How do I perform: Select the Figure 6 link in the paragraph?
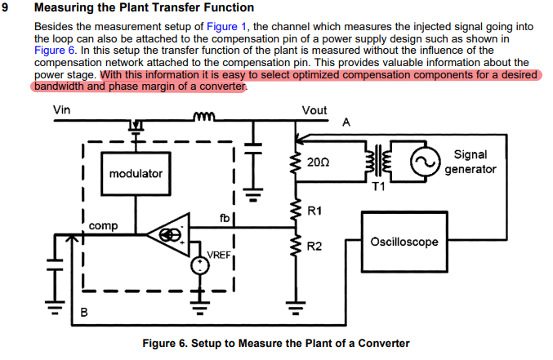pyautogui.click(x=54, y=50)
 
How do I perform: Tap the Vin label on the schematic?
pyautogui.click(x=61, y=110)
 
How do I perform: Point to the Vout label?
pyautogui.click(x=314, y=110)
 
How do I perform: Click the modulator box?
pyautogui.click(x=136, y=174)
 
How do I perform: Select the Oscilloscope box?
pyautogui.click(x=404, y=242)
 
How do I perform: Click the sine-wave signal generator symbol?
pyautogui.click(x=424, y=163)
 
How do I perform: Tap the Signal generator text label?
pyautogui.click(x=470, y=162)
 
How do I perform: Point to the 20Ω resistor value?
pyautogui.click(x=319, y=162)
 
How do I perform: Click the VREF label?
pyautogui.click(x=219, y=255)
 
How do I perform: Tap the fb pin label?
pyautogui.click(x=225, y=217)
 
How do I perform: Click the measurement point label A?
pyautogui.click(x=346, y=122)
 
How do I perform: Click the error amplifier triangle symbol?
pyautogui.click(x=169, y=235)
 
